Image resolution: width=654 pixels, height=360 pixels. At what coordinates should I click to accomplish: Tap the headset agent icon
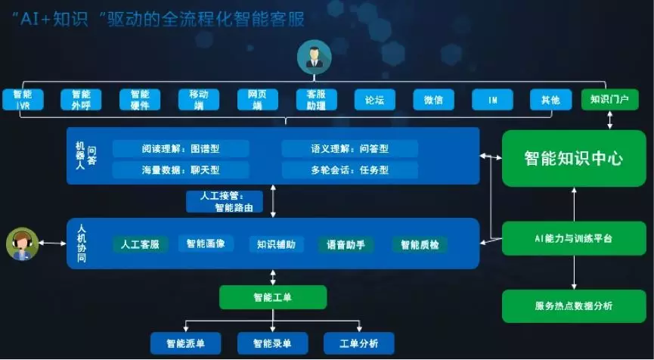click(22, 244)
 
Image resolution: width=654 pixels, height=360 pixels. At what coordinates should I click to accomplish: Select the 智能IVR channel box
click(22, 100)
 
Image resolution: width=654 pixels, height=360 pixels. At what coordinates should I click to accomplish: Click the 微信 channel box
click(433, 100)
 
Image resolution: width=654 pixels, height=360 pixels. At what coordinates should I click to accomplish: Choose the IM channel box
click(492, 100)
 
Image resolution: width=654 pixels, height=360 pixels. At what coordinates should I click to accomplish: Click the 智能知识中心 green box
click(574, 158)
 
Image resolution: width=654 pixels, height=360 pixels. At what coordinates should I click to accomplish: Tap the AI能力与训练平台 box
click(574, 238)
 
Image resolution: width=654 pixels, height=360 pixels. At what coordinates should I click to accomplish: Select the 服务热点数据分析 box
click(574, 306)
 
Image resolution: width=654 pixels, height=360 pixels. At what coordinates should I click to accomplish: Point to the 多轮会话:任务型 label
click(349, 169)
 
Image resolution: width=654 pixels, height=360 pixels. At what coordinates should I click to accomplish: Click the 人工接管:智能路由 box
click(225, 200)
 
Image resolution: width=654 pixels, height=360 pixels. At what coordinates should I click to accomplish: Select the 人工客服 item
click(140, 244)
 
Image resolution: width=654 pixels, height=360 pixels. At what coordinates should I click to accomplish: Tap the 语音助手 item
click(346, 244)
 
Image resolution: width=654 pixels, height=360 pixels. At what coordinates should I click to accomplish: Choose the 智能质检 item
click(420, 244)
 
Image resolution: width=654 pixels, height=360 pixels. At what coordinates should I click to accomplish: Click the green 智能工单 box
click(272, 297)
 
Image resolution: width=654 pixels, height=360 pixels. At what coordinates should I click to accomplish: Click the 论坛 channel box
click(375, 100)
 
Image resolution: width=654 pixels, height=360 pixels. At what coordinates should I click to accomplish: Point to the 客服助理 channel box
click(316, 100)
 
